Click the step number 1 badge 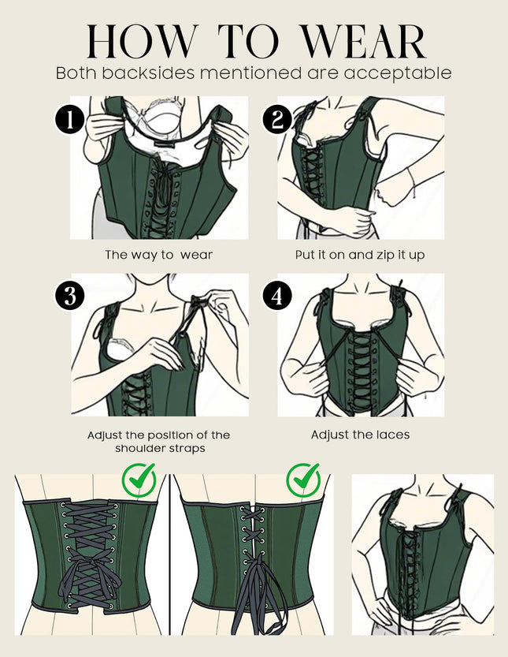tap(70, 120)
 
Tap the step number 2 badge tap(278, 120)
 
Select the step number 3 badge tap(70, 297)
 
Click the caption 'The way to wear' tap(159, 256)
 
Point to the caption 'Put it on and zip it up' tap(360, 256)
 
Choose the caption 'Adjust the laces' tap(360, 435)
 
